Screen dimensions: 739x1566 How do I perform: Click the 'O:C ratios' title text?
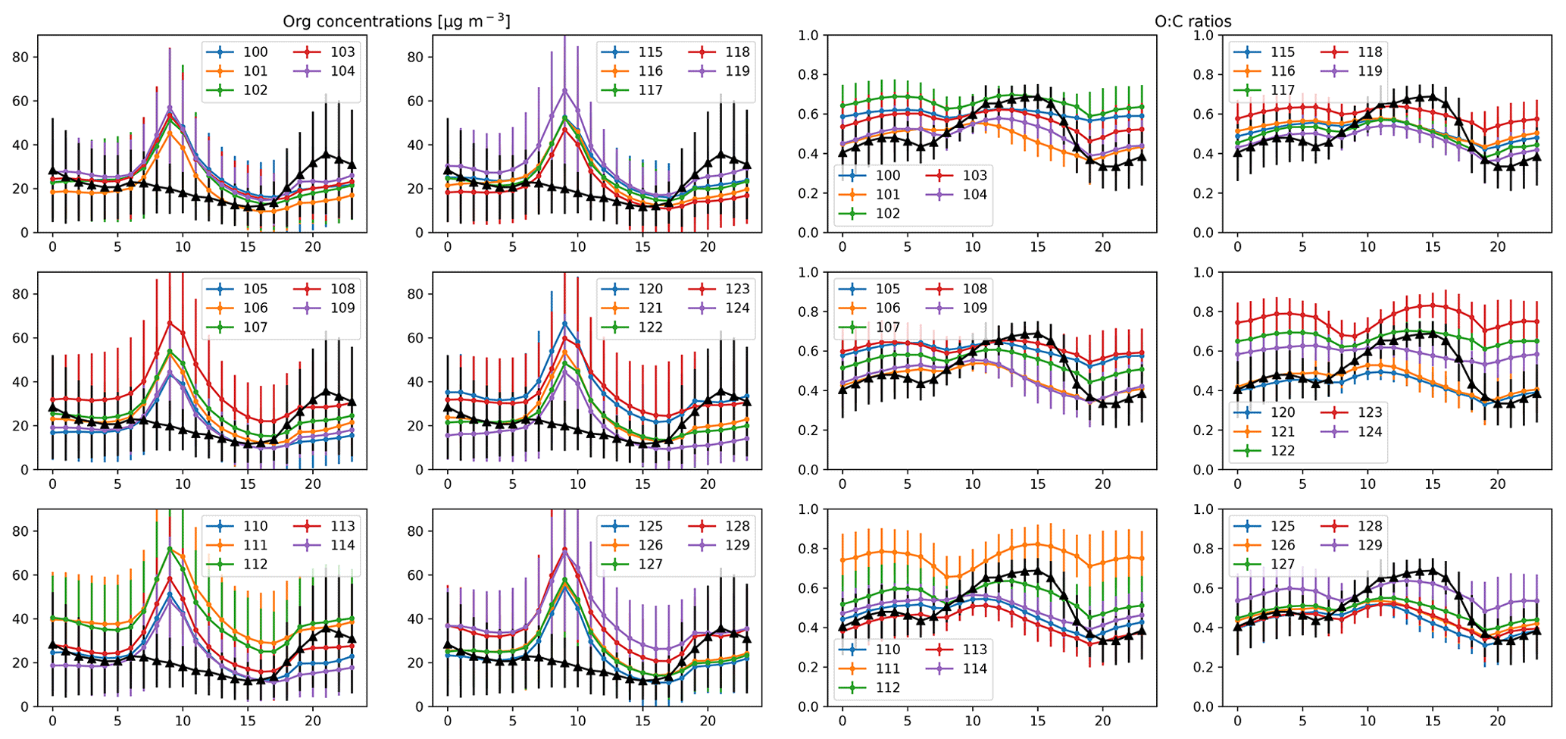point(1192,21)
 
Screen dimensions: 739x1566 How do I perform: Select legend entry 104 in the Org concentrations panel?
point(342,71)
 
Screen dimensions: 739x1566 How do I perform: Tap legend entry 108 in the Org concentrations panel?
point(342,289)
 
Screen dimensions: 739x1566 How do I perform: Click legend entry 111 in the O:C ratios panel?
point(888,669)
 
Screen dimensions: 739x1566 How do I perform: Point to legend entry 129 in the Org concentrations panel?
point(737,545)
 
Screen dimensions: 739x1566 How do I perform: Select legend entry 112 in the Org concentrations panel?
point(255,564)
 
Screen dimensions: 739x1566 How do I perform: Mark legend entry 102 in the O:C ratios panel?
point(888,214)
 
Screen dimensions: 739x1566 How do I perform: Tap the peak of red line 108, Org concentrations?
point(170,323)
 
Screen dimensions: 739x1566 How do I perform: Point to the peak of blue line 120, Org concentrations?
point(564,324)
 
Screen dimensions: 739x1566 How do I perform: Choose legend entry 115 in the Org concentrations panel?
point(650,52)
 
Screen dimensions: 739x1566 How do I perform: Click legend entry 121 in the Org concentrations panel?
point(650,308)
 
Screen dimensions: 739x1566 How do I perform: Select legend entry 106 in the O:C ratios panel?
point(888,308)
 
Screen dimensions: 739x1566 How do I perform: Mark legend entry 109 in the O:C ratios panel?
point(975,308)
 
